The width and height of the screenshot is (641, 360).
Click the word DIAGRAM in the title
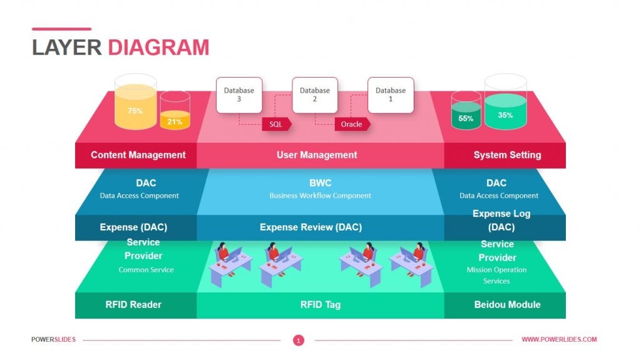[x=158, y=48]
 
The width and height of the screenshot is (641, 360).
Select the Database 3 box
[x=239, y=95]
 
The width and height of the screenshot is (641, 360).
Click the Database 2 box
[x=314, y=95]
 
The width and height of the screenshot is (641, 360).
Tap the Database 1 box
[x=390, y=95]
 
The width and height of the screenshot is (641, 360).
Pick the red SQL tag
[x=276, y=124]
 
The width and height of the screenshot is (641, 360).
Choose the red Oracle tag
[x=352, y=124]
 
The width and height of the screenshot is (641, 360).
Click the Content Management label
[x=138, y=155]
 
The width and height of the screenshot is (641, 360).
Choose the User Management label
[x=317, y=155]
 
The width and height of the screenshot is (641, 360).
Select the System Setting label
[x=507, y=155]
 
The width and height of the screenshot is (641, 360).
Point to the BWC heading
[x=320, y=183]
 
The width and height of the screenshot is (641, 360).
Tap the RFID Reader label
[x=133, y=305]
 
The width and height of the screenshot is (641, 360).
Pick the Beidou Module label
[x=507, y=305]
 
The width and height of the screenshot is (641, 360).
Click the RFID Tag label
[x=320, y=305]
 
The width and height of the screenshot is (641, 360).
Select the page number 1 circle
[x=299, y=340]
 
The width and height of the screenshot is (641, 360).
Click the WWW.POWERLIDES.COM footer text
[x=559, y=339]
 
